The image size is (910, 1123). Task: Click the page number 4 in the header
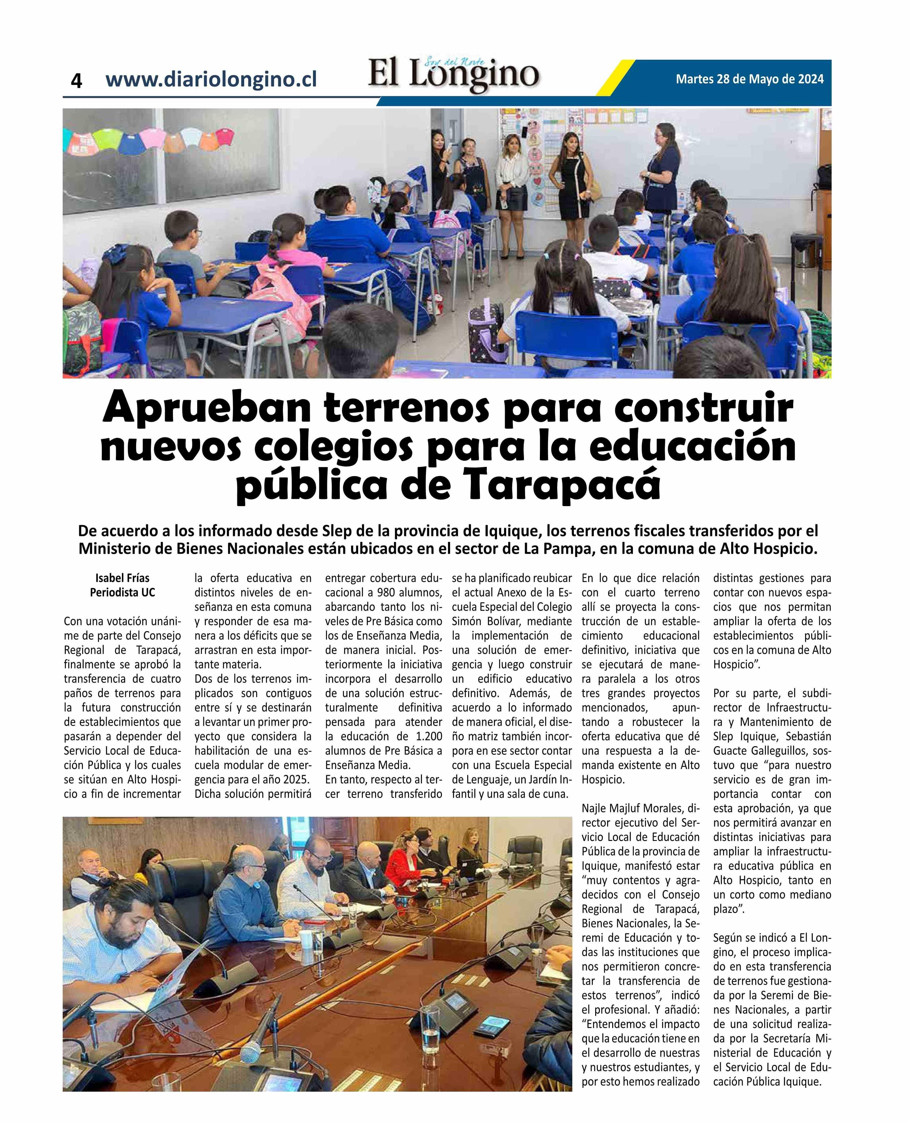point(77,81)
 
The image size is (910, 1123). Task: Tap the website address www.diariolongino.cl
point(211,80)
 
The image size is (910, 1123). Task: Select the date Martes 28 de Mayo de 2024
point(750,79)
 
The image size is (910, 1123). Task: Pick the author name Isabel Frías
point(122,578)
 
